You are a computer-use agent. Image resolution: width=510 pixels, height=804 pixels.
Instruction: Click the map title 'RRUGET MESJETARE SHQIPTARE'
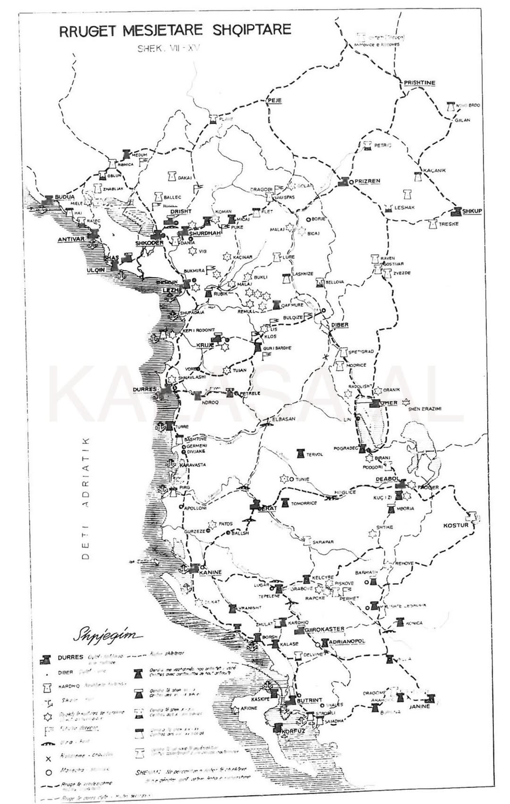175,31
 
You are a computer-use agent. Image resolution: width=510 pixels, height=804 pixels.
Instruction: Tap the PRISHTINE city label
419,83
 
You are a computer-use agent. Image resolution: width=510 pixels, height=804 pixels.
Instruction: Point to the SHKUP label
472,211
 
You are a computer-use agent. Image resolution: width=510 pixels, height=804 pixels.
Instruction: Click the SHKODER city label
149,243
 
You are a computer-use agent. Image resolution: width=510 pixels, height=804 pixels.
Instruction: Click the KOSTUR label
456,525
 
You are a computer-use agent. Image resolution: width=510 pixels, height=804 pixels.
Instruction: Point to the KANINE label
211,572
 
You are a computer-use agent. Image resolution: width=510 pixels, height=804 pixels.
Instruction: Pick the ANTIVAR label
71,239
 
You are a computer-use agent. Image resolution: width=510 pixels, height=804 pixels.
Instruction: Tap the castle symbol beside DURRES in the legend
46,658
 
